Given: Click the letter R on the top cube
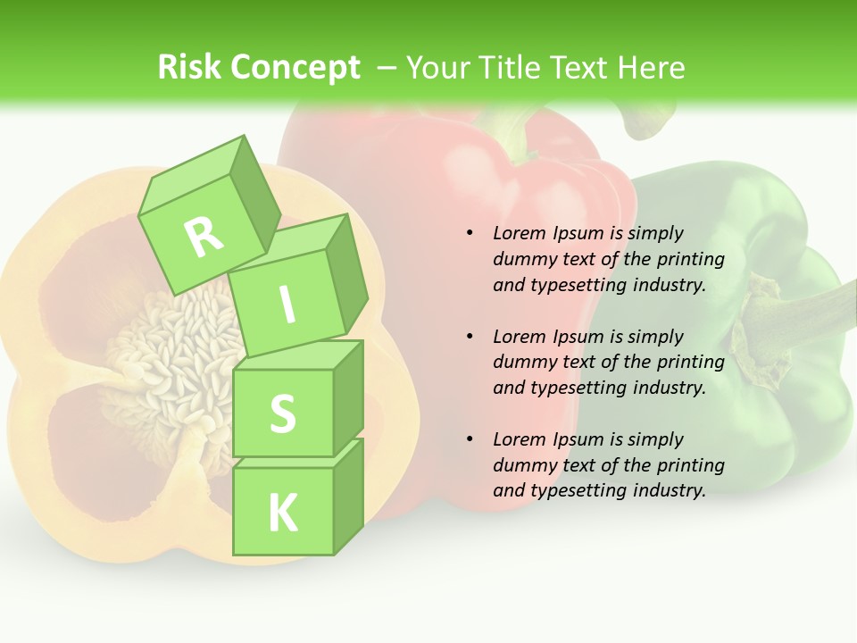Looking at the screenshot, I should (204, 236).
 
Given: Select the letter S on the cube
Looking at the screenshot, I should (282, 413).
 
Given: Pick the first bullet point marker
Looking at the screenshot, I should (470, 233).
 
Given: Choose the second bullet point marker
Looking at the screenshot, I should (470, 337).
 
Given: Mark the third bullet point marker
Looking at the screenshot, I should (470, 439).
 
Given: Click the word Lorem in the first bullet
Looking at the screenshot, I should (519, 233).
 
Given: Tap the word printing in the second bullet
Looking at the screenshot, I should (690, 362).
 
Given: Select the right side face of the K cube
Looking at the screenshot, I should (348, 496).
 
